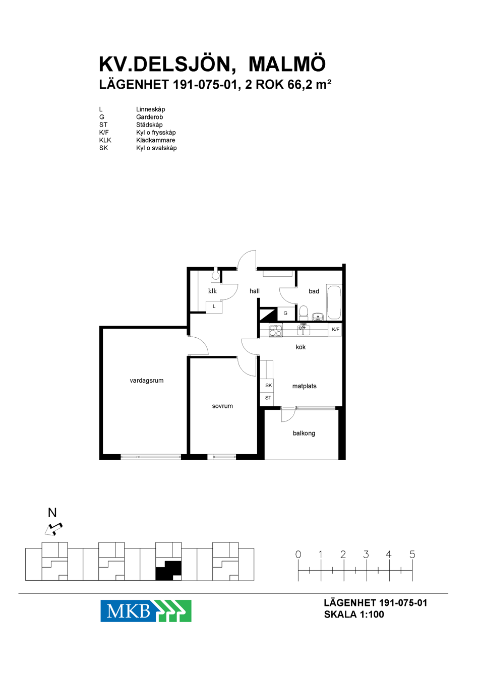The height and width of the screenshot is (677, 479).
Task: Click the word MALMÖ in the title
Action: [x=287, y=64]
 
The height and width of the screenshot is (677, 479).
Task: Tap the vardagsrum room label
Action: [x=147, y=381]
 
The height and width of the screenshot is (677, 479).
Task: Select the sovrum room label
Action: [x=222, y=406]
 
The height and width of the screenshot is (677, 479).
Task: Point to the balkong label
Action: [x=304, y=433]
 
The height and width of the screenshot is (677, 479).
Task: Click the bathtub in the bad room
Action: [x=334, y=301]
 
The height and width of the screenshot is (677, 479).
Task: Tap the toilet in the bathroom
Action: [x=303, y=313]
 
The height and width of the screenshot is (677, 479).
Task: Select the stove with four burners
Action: [x=276, y=330]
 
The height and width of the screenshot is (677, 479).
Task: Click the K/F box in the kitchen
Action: [x=335, y=330]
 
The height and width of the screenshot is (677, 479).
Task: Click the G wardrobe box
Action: [x=285, y=314]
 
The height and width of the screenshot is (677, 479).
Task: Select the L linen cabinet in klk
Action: [x=214, y=307]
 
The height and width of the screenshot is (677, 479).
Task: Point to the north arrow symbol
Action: [x=53, y=529]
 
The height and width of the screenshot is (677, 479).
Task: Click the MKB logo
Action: [x=146, y=611]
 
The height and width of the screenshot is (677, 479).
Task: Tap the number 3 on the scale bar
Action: [x=366, y=555]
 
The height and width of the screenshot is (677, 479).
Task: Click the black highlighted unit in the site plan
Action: [x=168, y=571]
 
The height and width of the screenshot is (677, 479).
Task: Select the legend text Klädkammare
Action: [x=156, y=140]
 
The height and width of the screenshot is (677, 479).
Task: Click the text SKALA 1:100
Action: [x=354, y=614]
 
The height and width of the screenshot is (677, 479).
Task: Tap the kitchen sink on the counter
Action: [x=304, y=330]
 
